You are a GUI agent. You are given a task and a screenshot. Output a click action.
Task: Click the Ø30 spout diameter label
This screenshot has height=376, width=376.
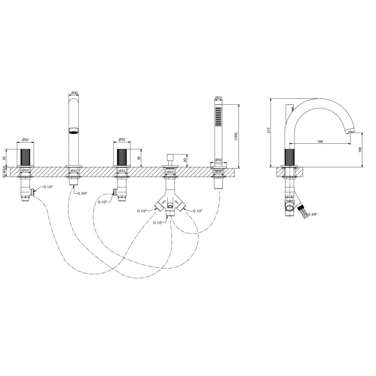(74, 93)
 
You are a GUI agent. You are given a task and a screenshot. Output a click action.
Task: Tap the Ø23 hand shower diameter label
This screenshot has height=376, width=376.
(218, 98)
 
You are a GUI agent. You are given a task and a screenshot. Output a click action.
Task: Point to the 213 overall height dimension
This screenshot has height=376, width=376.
(268, 130)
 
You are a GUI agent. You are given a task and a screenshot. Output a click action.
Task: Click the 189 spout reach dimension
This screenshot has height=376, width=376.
(320, 141)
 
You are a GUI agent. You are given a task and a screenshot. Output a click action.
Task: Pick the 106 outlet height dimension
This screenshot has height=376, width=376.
(360, 150)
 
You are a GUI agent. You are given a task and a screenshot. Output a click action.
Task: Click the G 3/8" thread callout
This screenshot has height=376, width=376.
(312, 214)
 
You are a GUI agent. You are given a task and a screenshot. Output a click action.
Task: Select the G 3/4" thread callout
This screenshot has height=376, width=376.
(83, 193)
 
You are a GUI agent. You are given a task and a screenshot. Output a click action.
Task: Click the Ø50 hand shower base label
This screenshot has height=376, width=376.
(218, 160)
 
